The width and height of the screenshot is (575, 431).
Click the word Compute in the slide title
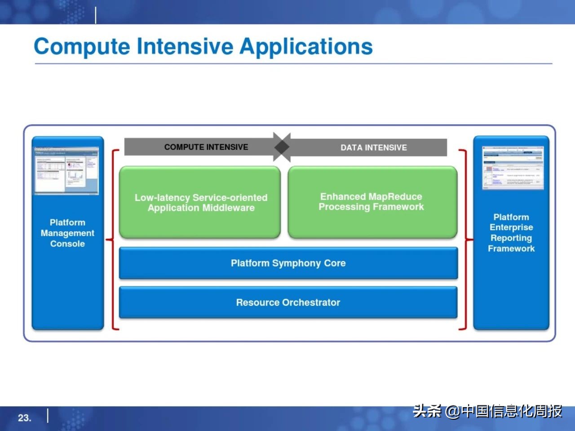tap(82, 47)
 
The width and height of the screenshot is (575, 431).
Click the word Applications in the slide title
tap(306, 47)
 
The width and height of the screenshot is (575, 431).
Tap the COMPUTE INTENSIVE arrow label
tap(206, 147)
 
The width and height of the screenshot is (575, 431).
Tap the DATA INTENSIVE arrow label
tap(373, 147)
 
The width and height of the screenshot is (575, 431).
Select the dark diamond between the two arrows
tap(282, 147)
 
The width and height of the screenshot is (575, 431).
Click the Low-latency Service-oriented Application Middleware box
tap(200, 202)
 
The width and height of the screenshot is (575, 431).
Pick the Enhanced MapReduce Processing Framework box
tap(372, 202)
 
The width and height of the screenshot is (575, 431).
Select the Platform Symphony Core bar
tap(288, 263)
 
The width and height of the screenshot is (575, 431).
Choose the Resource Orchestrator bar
tap(288, 303)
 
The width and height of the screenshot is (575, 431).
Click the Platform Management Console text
tap(67, 233)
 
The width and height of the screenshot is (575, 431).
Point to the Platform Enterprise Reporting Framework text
tap(511, 233)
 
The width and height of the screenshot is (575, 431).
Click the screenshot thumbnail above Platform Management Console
tap(67, 171)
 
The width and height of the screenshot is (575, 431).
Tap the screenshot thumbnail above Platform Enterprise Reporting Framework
tap(513, 167)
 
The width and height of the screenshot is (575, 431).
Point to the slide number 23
tap(24, 418)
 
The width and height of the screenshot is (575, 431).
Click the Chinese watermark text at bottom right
tap(487, 411)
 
